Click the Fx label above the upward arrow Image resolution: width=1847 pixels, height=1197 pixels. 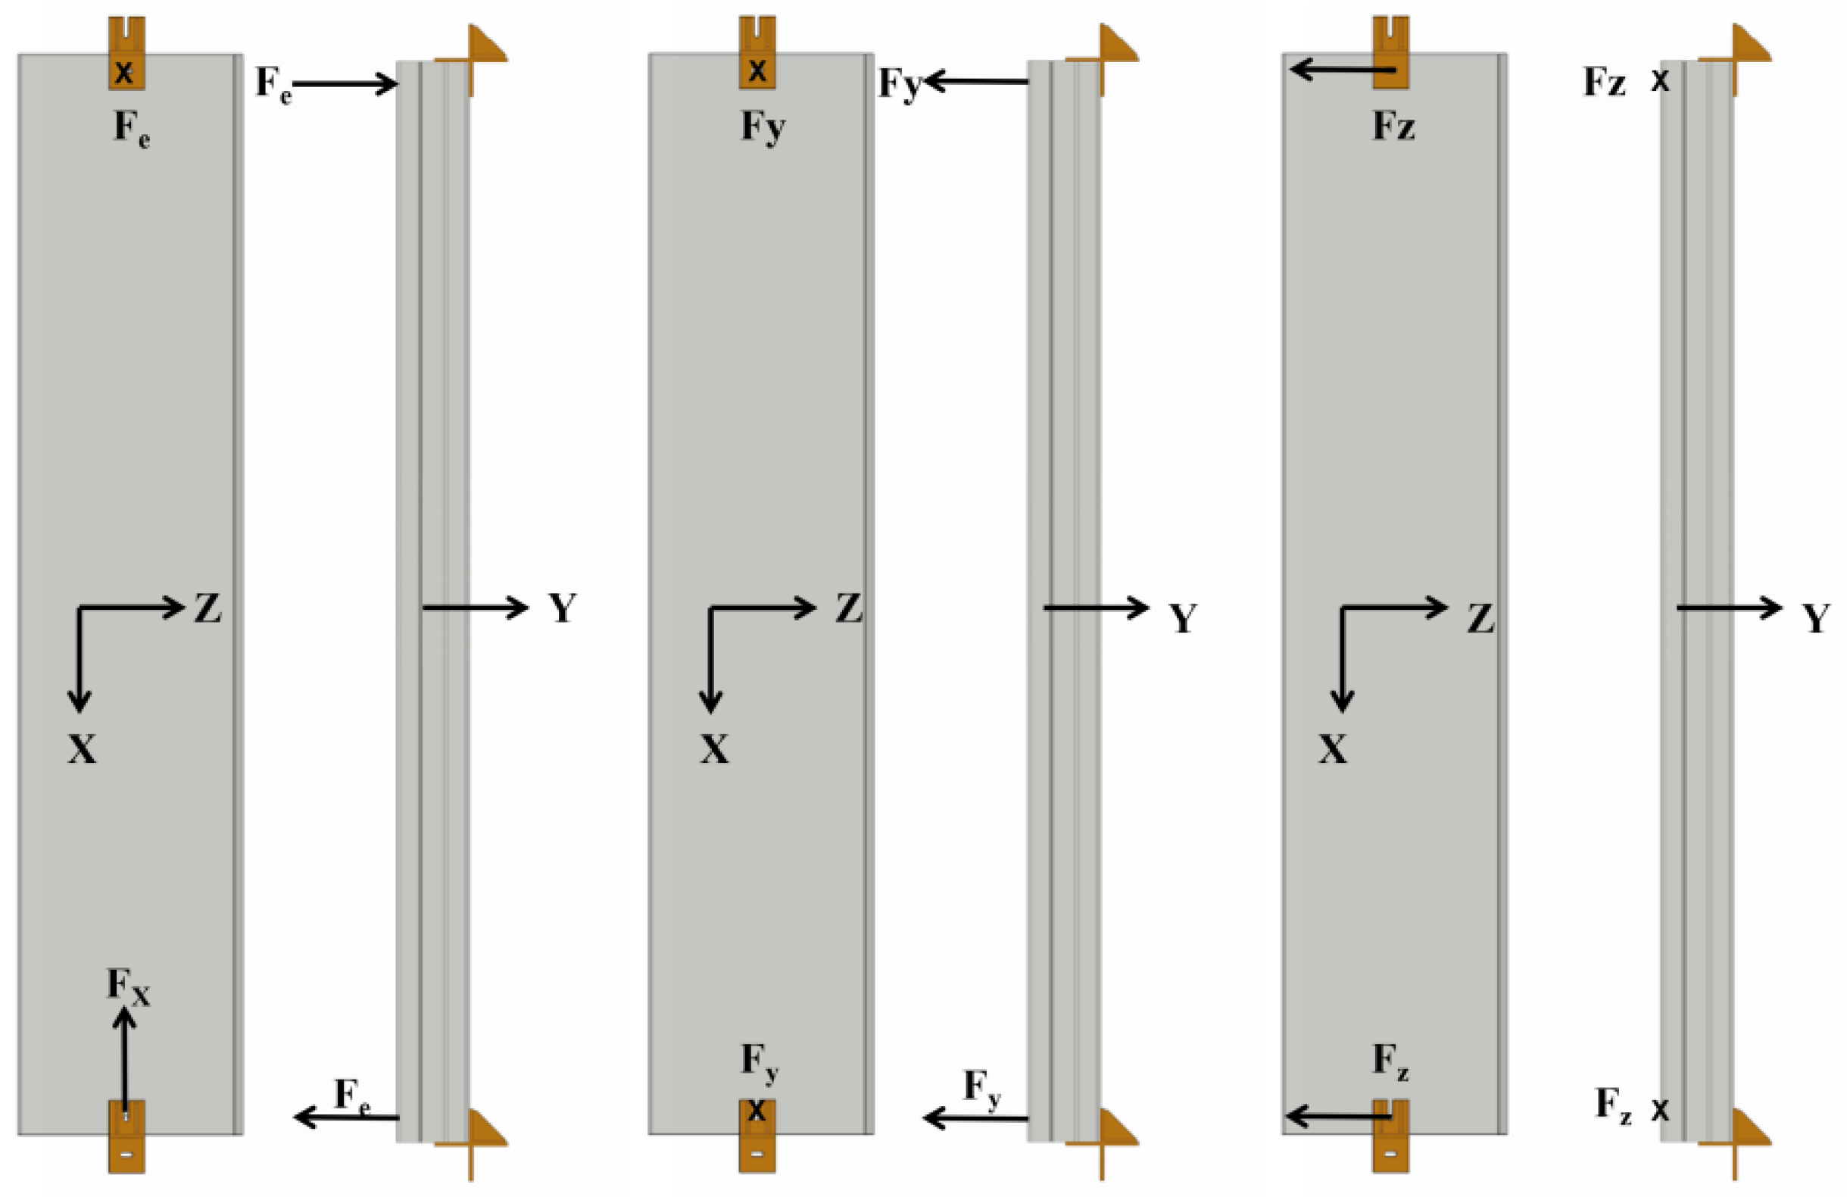[x=129, y=987]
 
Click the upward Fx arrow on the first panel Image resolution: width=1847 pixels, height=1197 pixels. [x=124, y=1059]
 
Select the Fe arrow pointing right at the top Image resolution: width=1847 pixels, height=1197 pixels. [x=345, y=83]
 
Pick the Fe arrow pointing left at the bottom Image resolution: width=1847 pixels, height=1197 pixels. [x=346, y=1117]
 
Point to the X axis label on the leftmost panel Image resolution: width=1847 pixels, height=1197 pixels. [x=83, y=749]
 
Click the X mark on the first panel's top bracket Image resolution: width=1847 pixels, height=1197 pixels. [x=124, y=73]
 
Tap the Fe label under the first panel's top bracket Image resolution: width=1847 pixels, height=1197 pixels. [x=132, y=128]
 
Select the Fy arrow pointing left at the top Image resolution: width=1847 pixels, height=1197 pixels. [x=975, y=81]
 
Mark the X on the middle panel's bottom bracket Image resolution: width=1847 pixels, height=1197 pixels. [x=757, y=1111]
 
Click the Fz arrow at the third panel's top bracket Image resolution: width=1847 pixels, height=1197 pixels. [x=1343, y=70]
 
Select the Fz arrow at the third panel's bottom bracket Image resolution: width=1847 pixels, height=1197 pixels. [x=1338, y=1116]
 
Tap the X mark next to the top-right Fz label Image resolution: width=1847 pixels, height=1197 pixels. [x=1659, y=81]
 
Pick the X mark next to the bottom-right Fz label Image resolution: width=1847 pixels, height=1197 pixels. [x=1659, y=1111]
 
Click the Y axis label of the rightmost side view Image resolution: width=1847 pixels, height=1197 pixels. [x=1816, y=618]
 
